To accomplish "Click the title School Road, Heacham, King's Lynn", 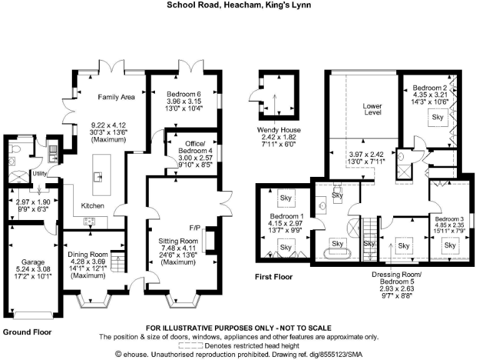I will (x=239, y=6).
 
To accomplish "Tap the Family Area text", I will (x=116, y=97).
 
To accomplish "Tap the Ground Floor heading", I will (x=27, y=332).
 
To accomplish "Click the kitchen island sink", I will (x=98, y=177).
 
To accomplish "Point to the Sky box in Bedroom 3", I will (x=450, y=246).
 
